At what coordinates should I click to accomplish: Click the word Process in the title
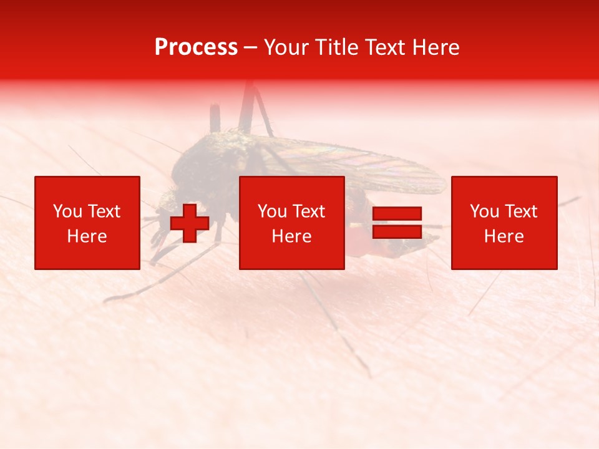[x=196, y=47]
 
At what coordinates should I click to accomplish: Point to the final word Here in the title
[x=435, y=47]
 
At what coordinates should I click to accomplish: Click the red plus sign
[x=190, y=223]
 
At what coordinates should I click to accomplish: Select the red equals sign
[x=397, y=223]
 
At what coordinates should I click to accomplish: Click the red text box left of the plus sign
[x=87, y=223]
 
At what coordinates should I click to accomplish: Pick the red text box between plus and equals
[x=291, y=223]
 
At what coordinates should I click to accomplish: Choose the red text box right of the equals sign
[x=504, y=223]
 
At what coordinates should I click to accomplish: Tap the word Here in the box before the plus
[x=87, y=236]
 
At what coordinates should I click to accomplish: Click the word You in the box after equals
[x=484, y=211]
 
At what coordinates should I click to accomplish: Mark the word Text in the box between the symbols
[x=308, y=211]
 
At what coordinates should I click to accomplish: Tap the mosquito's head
[x=167, y=203]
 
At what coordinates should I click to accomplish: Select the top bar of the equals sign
[x=397, y=214]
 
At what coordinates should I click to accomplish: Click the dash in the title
[x=250, y=47]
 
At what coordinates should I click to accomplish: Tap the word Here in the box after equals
[x=504, y=236]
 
